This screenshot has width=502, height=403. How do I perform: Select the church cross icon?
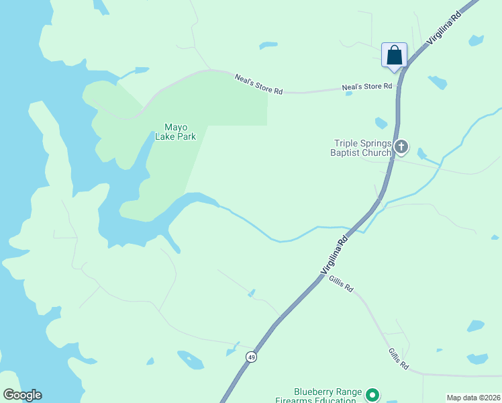pos(401,146)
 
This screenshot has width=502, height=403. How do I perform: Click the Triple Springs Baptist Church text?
pos(362,148)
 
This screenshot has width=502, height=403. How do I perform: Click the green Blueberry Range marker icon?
pos(374,394)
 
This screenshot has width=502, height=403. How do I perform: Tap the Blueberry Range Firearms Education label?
pos(328,396)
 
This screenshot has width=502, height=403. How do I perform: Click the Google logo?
pos(22,395)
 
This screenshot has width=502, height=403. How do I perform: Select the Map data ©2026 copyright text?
pos(472,398)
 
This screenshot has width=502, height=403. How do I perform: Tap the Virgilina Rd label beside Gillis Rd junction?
pos(335,254)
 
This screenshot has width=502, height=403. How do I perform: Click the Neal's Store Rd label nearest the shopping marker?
pos(366,87)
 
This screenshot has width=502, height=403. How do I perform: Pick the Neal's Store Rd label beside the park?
pos(258,84)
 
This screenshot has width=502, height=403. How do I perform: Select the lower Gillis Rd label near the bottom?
pos(398,359)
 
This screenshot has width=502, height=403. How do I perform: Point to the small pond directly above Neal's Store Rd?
pos(268,46)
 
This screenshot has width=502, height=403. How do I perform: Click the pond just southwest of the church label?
pos(381,123)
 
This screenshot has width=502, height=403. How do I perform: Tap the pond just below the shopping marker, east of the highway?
pos(438,83)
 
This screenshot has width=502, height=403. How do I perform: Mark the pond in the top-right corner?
pos(476,40)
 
